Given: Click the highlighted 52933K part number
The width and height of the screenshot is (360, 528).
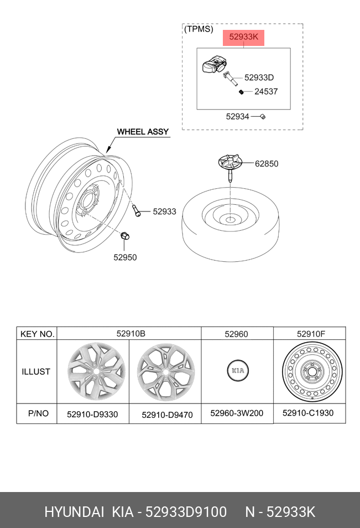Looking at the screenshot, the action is click(243, 37).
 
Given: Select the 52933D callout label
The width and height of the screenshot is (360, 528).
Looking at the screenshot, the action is click(259, 77).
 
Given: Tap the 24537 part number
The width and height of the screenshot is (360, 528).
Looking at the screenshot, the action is click(266, 91).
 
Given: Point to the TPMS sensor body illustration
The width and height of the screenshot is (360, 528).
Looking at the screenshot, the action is click(213, 64).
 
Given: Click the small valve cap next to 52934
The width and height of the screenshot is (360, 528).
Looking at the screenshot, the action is click(263, 117).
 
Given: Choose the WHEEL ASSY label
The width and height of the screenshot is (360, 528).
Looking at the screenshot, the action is click(143, 132).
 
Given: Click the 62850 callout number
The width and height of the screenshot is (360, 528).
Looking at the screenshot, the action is click(267, 164).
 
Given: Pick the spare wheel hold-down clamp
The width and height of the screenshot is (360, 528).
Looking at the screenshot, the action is click(230, 167).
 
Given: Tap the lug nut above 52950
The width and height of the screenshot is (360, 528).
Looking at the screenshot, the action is click(125, 235).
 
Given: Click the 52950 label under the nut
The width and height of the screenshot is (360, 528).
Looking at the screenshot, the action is click(125, 257).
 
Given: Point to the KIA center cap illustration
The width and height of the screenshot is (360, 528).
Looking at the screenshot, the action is click(238, 370).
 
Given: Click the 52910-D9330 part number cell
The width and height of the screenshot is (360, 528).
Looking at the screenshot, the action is click(92, 414).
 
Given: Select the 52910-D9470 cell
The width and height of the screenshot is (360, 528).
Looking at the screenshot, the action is click(167, 415).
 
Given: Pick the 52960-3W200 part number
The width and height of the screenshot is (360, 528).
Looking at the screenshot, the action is click(237, 413).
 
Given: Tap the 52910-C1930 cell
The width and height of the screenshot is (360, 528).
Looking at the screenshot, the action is click(308, 413).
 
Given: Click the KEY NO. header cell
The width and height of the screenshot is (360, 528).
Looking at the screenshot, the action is click(38, 334).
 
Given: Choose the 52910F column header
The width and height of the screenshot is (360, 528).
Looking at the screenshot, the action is click(311, 334).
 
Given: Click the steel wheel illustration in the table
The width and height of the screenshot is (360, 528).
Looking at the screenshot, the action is click(312, 370).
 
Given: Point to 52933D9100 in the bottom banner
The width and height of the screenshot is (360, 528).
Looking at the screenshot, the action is click(186, 512).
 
